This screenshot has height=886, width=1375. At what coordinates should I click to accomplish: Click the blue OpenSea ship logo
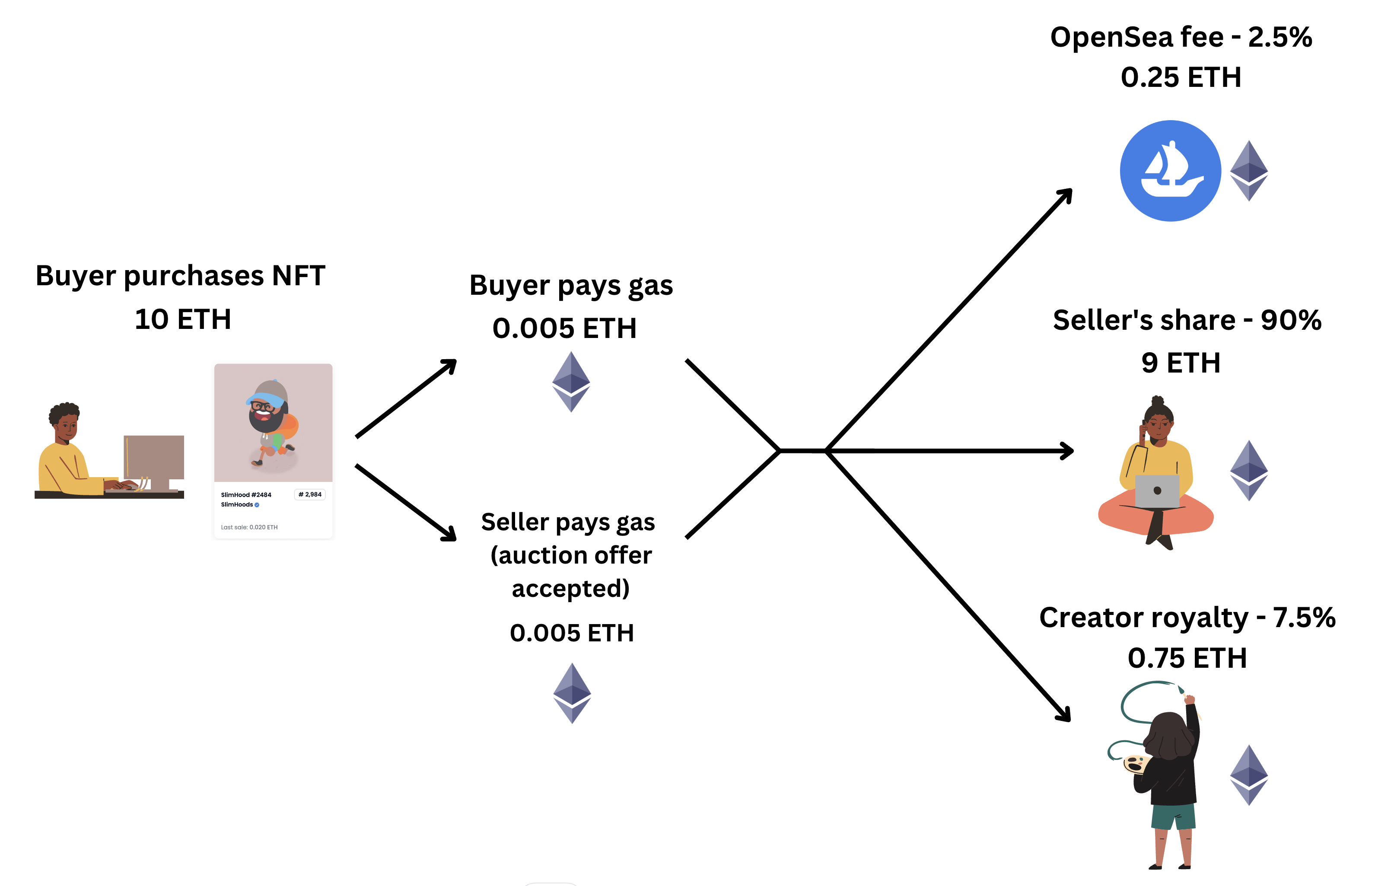tap(1170, 171)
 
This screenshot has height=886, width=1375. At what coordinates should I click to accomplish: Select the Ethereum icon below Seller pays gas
tap(572, 693)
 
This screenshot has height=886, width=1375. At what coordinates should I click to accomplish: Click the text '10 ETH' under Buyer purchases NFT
tap(183, 319)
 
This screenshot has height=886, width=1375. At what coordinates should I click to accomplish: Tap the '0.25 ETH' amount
tap(1180, 77)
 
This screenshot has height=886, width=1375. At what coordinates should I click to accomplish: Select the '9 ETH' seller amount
tap(1180, 363)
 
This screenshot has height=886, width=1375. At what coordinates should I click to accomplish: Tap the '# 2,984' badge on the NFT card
tap(310, 494)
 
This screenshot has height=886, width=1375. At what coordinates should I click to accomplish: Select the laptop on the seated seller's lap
tap(1157, 491)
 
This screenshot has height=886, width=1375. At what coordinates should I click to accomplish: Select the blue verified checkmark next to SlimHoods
tap(257, 504)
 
